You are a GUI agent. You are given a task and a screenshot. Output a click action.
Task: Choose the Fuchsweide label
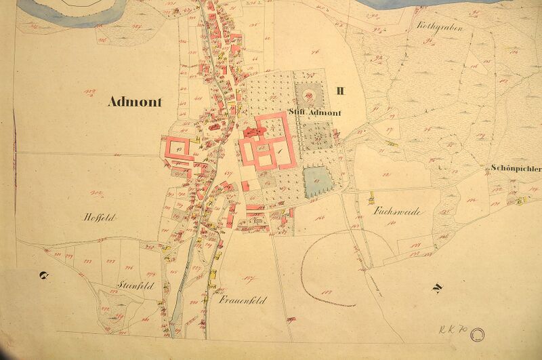(x=398, y=212)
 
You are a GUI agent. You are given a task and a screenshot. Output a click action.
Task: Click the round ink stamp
(x=479, y=332)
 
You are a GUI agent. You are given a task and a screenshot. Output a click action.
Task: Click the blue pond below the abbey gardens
(x=314, y=181)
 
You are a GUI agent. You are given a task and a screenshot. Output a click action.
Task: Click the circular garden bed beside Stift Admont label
(x=314, y=94)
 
